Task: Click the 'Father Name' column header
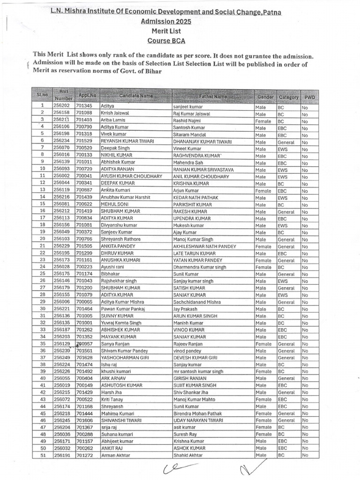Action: pyautogui.click(x=213, y=97)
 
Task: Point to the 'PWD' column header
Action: pyautogui.click(x=310, y=97)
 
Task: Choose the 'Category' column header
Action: pyautogui.click(x=288, y=97)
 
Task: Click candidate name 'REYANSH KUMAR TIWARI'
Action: pyautogui.click(x=125, y=141)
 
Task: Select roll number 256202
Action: pyautogui.click(x=61, y=106)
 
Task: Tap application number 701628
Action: pyautogui.click(x=84, y=357)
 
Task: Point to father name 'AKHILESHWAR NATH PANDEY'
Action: pyautogui.click(x=204, y=246)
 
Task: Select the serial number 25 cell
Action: pyautogui.click(x=42, y=274)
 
